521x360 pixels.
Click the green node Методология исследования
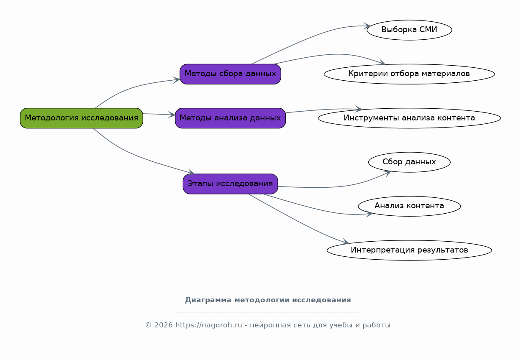click(x=81, y=118)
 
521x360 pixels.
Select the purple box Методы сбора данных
click(x=230, y=74)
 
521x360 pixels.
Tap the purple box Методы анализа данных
click(x=230, y=118)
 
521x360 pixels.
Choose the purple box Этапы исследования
click(x=230, y=184)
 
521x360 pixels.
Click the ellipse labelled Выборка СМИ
click(x=409, y=30)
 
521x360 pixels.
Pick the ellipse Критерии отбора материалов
click(x=409, y=74)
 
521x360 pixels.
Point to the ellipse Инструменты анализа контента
click(x=409, y=118)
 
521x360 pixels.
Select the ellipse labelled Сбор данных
click(x=409, y=162)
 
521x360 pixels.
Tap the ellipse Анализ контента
click(x=409, y=206)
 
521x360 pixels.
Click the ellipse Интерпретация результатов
click(x=409, y=250)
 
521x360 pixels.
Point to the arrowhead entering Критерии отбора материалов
click(x=382, y=63)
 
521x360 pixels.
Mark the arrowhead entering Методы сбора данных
click(x=177, y=79)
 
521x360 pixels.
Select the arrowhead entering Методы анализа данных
click(x=172, y=115)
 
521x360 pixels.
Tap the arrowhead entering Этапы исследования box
click(x=192, y=172)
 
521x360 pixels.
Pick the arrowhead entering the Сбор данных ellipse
click(x=388, y=172)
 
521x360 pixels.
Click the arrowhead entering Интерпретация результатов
click(x=346, y=242)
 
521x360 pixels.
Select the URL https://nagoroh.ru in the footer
click(x=208, y=325)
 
